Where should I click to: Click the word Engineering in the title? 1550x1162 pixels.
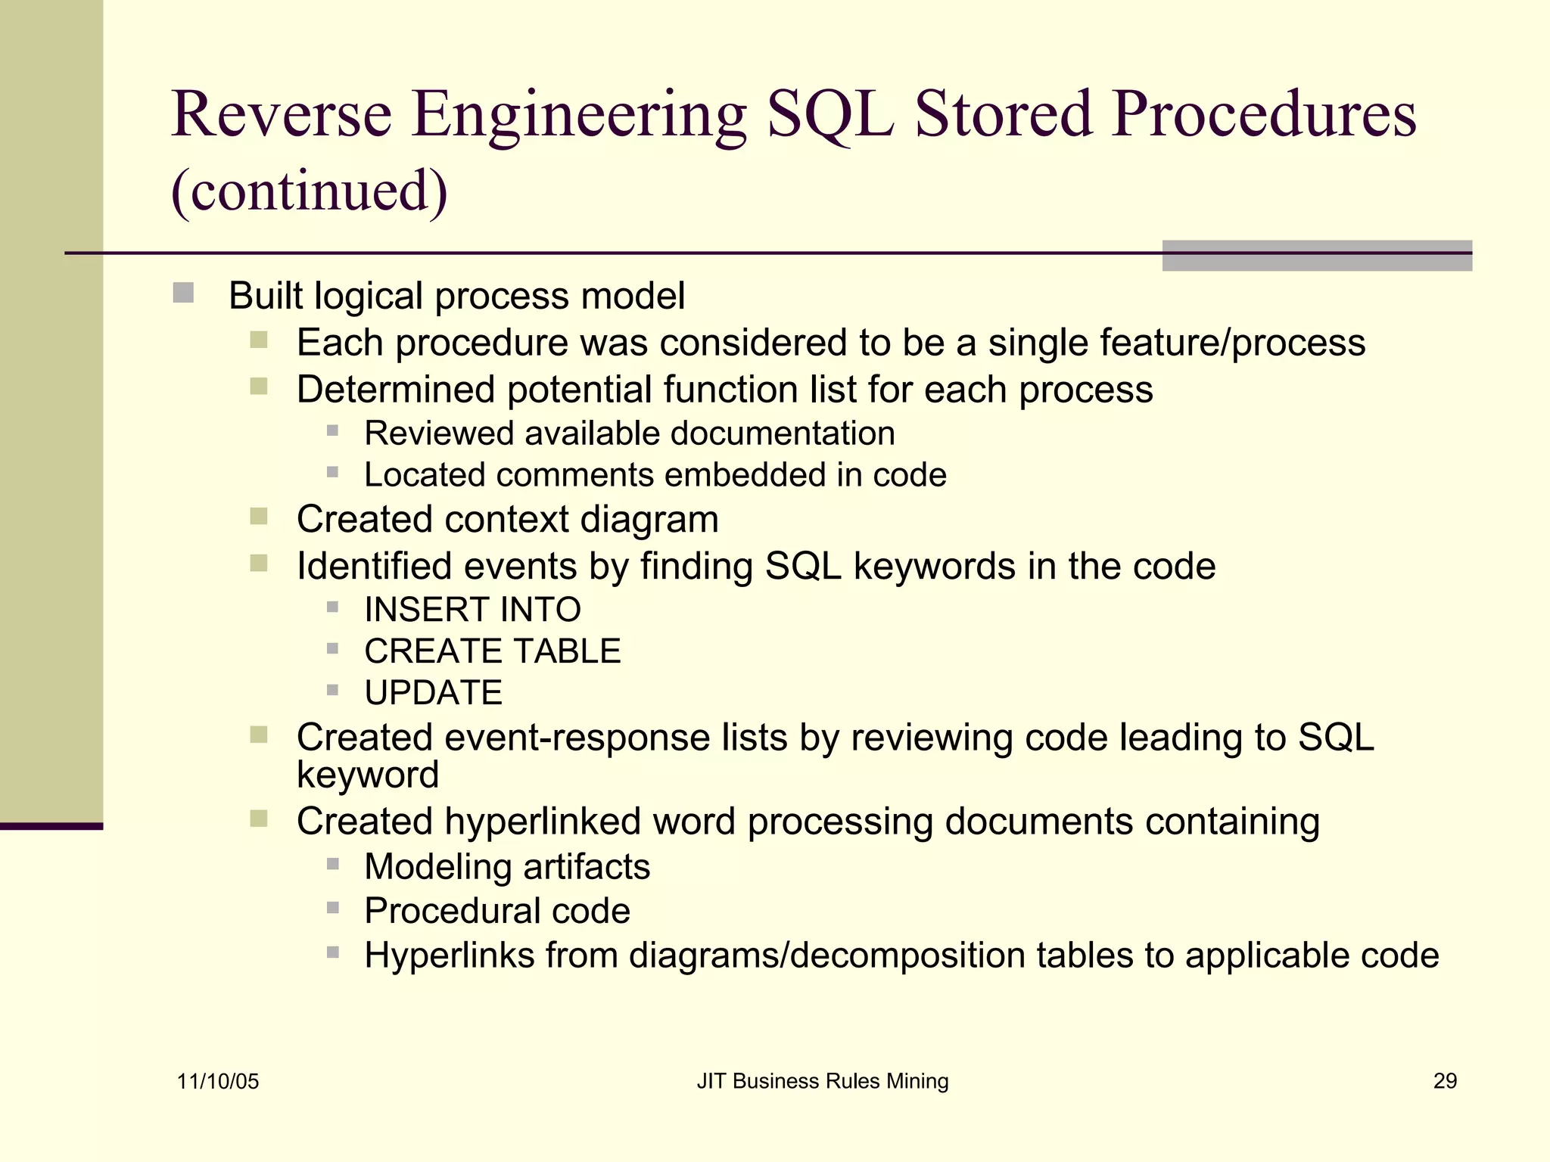(579, 115)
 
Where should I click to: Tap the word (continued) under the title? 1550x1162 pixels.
(310, 191)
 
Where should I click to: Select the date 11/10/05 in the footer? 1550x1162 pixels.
(218, 1081)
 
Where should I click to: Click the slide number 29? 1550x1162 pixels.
(1445, 1081)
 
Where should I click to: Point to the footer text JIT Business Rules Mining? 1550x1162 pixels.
(822, 1081)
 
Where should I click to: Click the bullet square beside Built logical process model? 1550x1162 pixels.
(183, 293)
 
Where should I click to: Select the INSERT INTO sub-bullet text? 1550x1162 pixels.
(472, 610)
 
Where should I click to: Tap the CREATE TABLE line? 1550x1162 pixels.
(492, 651)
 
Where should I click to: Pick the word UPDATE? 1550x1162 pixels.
(433, 693)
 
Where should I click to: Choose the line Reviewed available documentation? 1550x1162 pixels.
(629, 433)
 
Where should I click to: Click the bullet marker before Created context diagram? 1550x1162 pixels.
(259, 517)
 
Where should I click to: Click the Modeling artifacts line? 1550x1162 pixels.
(507, 867)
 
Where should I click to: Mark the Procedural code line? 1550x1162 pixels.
(496, 911)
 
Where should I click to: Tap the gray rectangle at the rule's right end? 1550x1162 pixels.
(1316, 256)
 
